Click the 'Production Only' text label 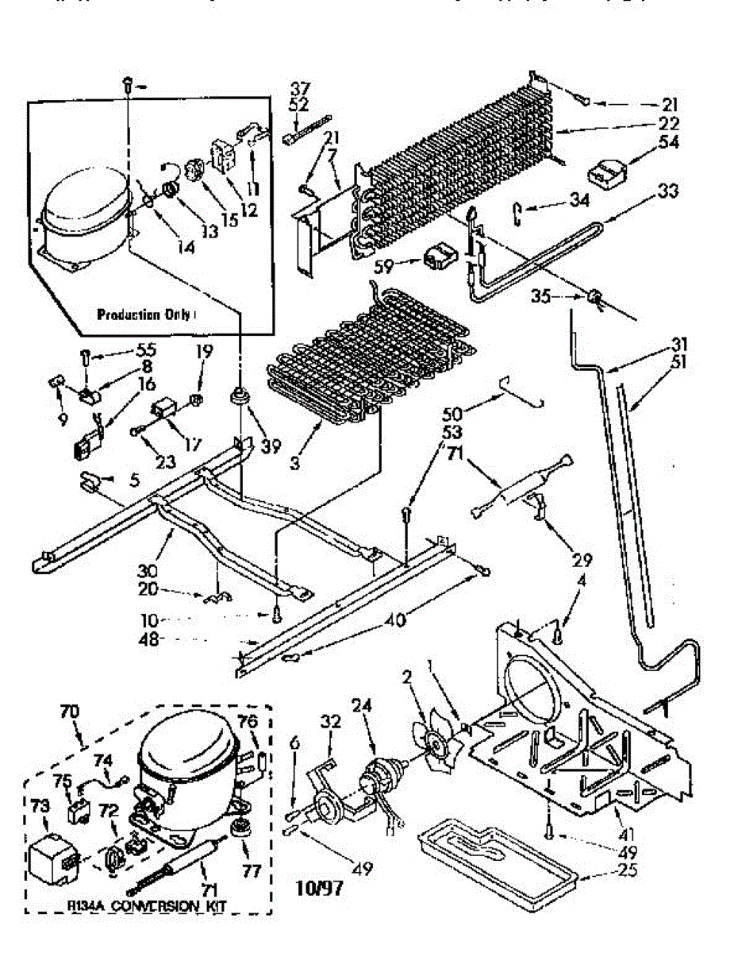tap(144, 314)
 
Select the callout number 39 tap(271, 446)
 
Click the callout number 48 tap(174, 639)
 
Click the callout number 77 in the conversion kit tap(252, 872)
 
